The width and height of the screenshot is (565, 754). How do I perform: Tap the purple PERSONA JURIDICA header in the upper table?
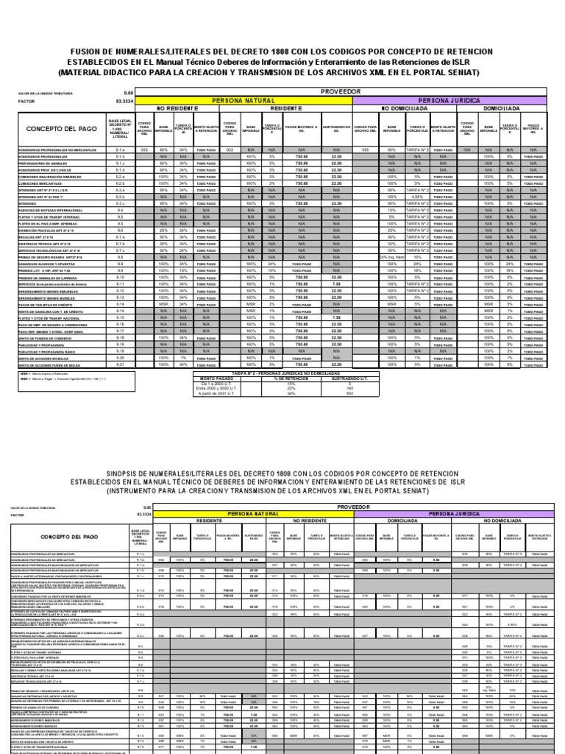pyautogui.click(x=449, y=100)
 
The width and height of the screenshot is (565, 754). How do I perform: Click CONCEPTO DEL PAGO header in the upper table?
pyautogui.click(x=58, y=129)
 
